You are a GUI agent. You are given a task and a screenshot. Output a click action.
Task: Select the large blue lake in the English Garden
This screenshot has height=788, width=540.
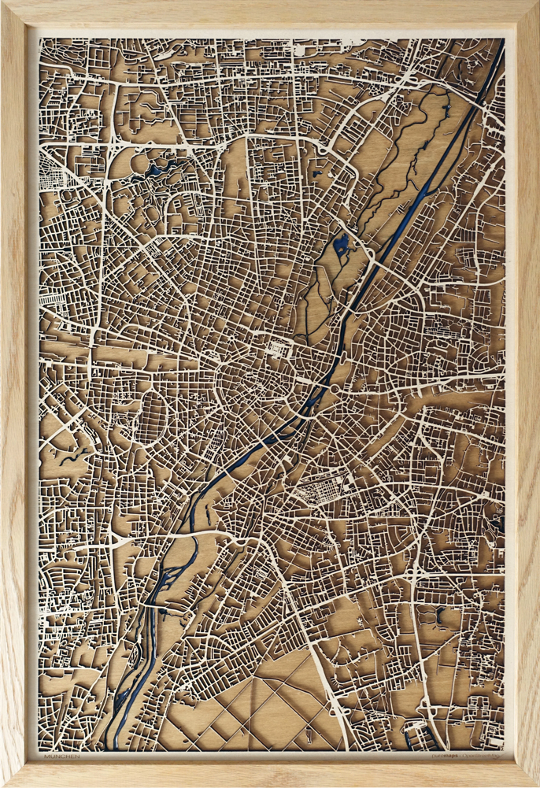tap(342, 246)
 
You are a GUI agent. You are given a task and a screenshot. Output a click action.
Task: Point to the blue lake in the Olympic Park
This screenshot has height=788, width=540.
tap(167, 166)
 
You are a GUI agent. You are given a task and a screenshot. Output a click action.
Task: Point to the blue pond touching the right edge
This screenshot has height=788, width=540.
tap(498, 519)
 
